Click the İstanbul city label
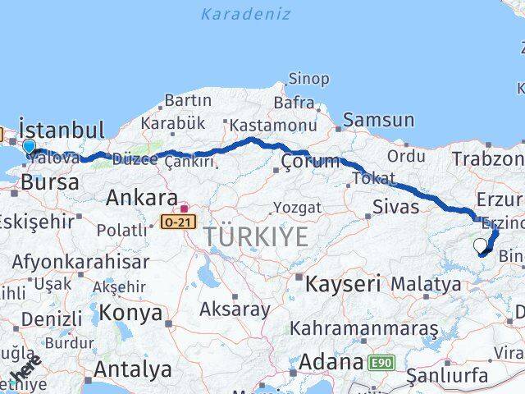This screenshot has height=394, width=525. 62,131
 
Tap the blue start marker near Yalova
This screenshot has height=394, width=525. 30,147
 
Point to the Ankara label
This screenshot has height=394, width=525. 142,198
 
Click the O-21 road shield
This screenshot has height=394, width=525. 179,222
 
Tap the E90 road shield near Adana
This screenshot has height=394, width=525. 381,362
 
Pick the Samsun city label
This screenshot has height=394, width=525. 378,120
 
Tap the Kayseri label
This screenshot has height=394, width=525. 343,285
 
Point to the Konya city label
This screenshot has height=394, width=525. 130,313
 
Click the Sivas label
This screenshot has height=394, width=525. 395,206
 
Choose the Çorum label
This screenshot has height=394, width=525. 309,162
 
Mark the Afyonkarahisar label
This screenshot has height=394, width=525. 80,262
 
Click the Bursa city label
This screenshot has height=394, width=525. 50,182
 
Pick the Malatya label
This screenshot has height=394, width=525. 425,285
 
